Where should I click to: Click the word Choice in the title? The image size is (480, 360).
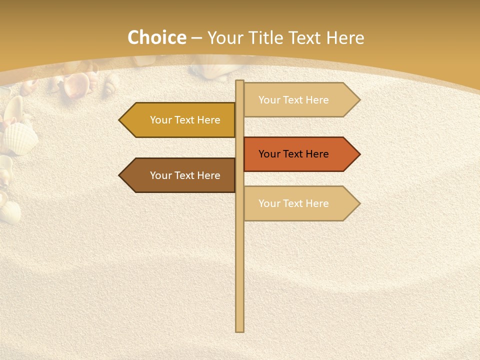tap(156, 37)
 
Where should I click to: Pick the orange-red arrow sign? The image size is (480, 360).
tap(300, 154)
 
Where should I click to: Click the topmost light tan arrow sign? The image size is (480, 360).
tap(300, 100)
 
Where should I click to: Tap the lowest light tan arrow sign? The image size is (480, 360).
tap(300, 203)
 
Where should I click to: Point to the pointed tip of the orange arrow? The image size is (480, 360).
tap(359, 154)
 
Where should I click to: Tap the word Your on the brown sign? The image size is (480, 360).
tap(160, 175)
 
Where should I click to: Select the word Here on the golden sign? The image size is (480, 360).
tap(208, 120)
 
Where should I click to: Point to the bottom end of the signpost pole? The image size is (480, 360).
tap(240, 330)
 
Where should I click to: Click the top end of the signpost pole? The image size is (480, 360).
tap(240, 81)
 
